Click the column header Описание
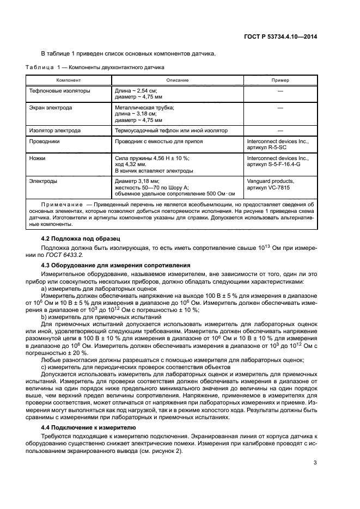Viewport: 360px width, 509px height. pos(178,80)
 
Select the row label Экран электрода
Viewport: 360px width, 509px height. pos(51,108)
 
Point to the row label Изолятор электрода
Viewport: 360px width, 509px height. pos(55,131)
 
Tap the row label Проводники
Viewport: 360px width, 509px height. pos(45,141)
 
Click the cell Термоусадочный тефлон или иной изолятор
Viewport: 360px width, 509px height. pos(171,131)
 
